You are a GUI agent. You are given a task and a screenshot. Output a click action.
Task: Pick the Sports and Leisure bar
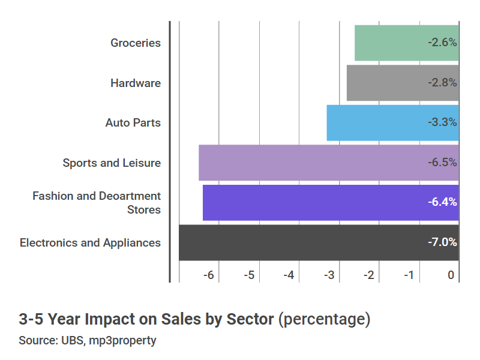click(312, 163)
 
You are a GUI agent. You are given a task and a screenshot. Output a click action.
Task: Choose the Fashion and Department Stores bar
click(312, 203)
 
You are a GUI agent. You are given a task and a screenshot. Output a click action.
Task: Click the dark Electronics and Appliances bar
click(300, 242)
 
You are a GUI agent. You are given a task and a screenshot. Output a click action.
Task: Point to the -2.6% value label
click(442, 43)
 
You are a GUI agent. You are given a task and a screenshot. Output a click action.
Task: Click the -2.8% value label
click(442, 83)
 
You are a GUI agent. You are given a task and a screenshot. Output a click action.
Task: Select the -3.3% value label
click(442, 122)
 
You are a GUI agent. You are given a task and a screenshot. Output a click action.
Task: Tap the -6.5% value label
click(442, 163)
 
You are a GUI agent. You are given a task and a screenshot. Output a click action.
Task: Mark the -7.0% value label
click(442, 242)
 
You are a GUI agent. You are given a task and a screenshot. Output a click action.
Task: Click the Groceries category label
click(136, 43)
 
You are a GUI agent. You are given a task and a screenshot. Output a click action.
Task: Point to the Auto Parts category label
click(133, 122)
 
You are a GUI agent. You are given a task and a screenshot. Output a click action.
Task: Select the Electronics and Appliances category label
click(90, 242)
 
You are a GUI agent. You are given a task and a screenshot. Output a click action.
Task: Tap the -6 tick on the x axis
click(208, 275)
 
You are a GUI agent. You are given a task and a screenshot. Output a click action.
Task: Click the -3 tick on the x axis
click(329, 275)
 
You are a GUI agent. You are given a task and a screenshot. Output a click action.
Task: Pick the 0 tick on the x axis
click(451, 275)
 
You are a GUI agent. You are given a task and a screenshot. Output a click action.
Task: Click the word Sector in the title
click(250, 319)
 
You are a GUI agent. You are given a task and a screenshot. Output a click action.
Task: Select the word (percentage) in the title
click(324, 319)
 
